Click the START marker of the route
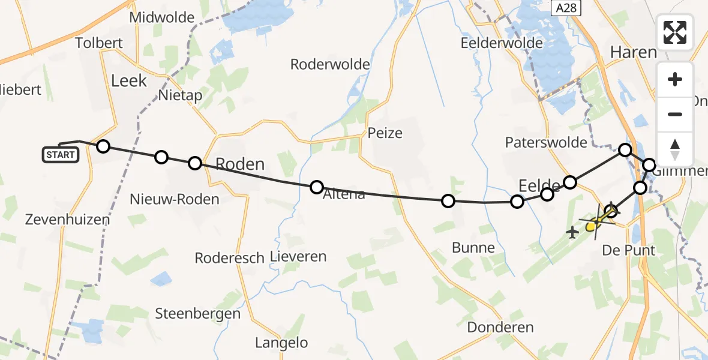pos(61,155)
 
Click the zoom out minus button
pos(675,114)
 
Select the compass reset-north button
pos(675,148)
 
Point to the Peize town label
pos(385,133)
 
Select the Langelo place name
pos(281,343)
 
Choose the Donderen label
pos(500,327)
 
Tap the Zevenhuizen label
pos(68,220)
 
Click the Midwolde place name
pos(162,17)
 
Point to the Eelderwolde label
pos(501,43)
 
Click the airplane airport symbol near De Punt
pos(572,232)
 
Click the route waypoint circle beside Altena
pos(317,187)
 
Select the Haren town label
pos(633,52)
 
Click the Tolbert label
pos(99,43)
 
